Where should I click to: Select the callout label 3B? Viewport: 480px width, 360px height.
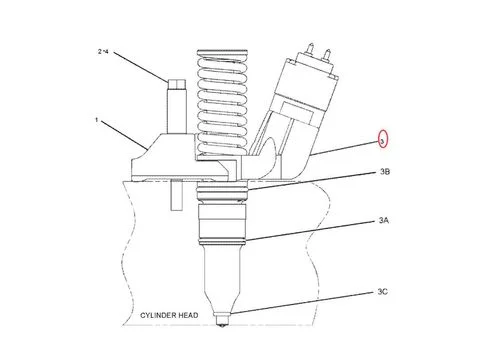click(385, 172)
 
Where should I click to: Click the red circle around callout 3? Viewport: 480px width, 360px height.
click(382, 139)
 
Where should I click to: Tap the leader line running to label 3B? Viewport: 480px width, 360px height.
click(310, 182)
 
